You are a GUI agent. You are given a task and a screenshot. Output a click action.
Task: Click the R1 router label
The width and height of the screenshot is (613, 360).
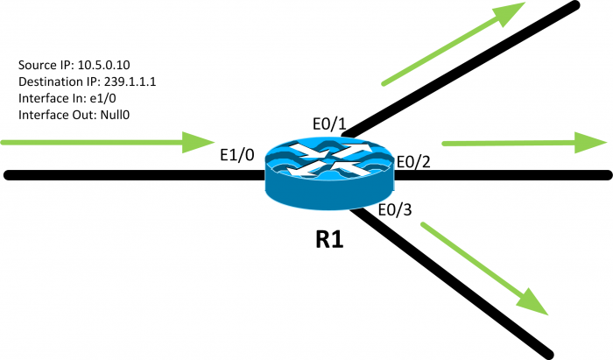coord(329,239)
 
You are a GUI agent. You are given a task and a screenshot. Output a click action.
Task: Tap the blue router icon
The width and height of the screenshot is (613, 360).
coord(330,170)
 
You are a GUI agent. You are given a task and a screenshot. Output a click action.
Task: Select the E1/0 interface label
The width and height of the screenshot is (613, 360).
coord(236,156)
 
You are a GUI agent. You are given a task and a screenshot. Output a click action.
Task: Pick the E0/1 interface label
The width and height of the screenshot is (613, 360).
coord(328,124)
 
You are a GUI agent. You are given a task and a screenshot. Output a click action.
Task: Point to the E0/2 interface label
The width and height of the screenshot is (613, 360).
coord(414,161)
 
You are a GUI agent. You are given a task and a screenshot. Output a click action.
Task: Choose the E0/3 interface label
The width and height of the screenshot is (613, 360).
coord(395,210)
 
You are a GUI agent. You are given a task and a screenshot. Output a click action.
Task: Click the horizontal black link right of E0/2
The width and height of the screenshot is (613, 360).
coord(508,175)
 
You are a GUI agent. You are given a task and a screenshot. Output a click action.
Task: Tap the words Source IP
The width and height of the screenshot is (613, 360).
coord(42,66)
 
